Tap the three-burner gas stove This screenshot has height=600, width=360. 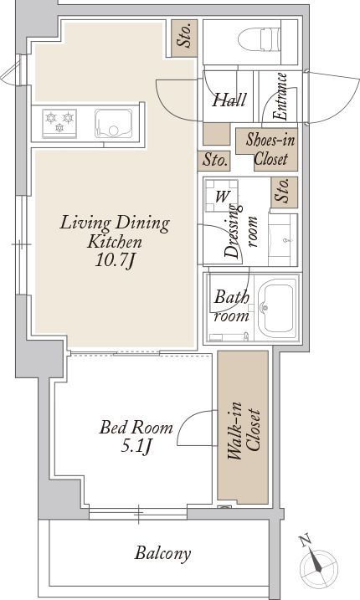click(x=59, y=123)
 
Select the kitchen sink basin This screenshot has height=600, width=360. click(x=113, y=123)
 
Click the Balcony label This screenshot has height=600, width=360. click(x=162, y=553)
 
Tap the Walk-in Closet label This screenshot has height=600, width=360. click(x=244, y=430)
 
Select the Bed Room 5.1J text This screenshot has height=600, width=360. click(x=136, y=436)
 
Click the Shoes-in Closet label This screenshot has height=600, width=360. click(x=270, y=149)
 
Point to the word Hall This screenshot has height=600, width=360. click(x=229, y=100)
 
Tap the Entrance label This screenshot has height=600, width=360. click(x=280, y=97)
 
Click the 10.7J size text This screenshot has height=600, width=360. click(x=115, y=261)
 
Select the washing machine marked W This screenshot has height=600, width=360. click(x=221, y=196)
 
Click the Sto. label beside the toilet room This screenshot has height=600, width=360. click(x=184, y=36)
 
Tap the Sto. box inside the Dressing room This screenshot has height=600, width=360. click(x=284, y=192)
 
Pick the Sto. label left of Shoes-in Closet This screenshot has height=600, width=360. click(x=214, y=161)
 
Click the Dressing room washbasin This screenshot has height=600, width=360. click(x=283, y=240)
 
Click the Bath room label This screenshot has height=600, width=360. click(x=231, y=306)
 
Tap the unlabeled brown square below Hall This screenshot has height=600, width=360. click(x=216, y=134)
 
